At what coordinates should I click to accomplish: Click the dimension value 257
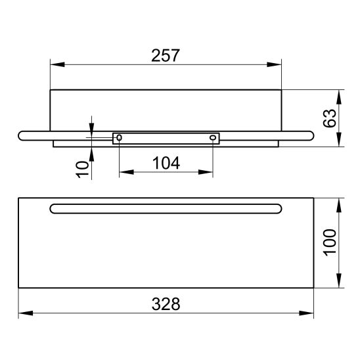pos(166,55)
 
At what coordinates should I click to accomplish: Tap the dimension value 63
pos(330,118)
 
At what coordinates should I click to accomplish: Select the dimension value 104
pos(166,163)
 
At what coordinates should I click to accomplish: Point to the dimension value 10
pos(82,169)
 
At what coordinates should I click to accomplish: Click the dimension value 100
pos(330,242)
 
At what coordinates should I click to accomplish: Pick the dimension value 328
pos(166,304)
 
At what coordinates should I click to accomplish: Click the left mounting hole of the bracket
pos(119,138)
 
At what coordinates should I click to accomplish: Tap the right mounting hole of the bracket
pos(213,138)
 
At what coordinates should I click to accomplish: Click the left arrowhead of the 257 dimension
pos(57,64)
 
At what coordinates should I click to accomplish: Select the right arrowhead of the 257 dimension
pos(274,64)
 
